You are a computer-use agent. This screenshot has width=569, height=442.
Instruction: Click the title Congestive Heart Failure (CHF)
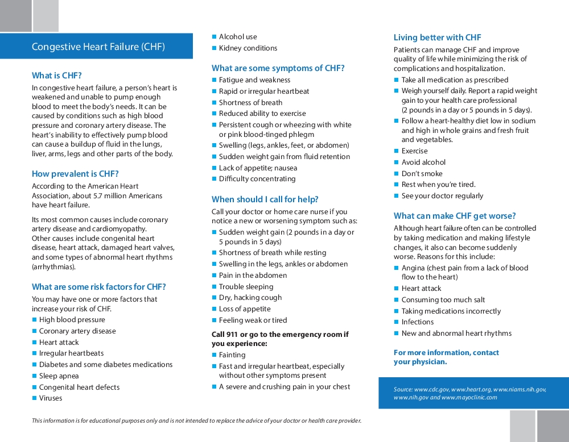[x=98, y=47]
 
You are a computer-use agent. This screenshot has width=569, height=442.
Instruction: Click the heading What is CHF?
[x=56, y=76]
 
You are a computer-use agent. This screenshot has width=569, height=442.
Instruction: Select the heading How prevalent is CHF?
[x=75, y=174]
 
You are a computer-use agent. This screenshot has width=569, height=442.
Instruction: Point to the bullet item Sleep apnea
[x=59, y=376]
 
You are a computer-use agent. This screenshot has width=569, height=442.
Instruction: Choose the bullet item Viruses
[x=51, y=398]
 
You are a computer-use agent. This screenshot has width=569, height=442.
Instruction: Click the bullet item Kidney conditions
[x=248, y=48]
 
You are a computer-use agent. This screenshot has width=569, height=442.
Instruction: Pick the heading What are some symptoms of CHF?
[x=278, y=68]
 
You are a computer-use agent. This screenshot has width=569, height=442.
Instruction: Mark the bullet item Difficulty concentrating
[x=257, y=179]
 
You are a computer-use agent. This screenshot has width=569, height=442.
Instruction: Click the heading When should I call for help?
[x=265, y=199]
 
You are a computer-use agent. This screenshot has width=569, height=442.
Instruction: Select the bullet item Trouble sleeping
[x=246, y=287]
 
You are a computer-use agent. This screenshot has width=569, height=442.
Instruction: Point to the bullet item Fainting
[x=232, y=355]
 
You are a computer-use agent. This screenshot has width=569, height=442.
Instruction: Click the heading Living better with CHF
[x=437, y=37]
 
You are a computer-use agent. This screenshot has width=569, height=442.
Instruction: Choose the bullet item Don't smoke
[x=422, y=174]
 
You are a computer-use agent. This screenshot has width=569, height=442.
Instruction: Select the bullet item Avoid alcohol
[x=423, y=162]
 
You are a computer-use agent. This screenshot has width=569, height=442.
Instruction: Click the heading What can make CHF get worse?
[x=455, y=216]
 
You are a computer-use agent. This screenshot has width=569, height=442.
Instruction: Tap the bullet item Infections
[x=418, y=322]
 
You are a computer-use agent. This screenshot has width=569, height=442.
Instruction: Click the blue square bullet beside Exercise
[x=397, y=151]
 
